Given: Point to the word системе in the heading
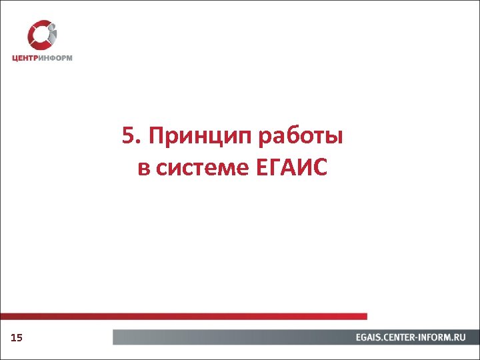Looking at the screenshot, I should (203, 167).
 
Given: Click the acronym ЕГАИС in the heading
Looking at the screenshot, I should (291, 167).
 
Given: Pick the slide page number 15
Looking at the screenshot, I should (17, 339).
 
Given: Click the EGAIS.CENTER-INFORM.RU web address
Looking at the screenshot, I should (410, 338).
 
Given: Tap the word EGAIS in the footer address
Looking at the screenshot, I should (369, 338).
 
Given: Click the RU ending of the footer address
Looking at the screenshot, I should (459, 338).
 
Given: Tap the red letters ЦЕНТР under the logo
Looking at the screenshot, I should (25, 58).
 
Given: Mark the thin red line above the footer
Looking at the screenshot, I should (183, 316).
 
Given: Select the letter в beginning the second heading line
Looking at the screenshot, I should (143, 168).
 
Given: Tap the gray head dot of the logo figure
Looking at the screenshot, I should (53, 27).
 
